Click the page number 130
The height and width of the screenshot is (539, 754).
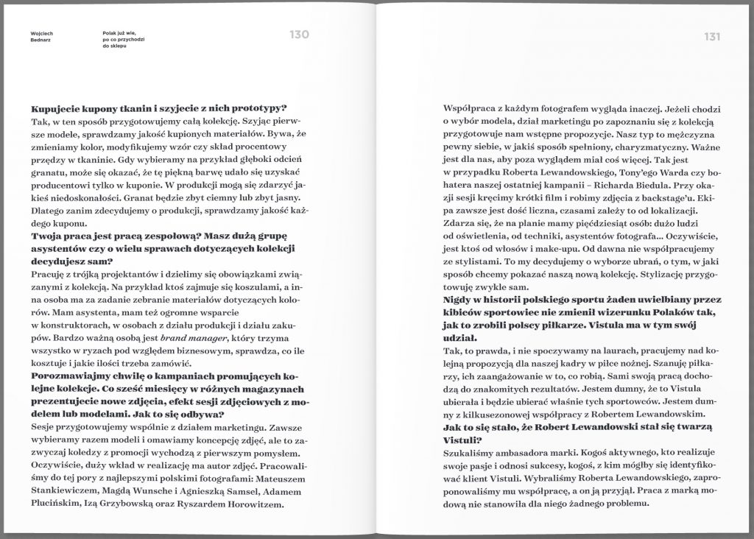[x=298, y=35]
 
